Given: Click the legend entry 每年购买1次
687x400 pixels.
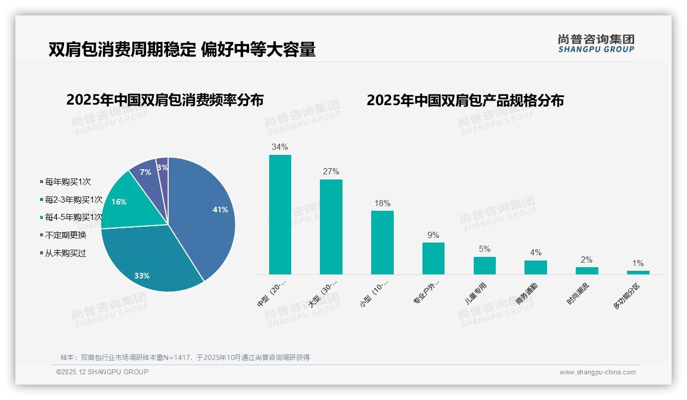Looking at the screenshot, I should (x=67, y=182).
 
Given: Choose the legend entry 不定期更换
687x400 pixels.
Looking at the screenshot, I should (x=65, y=235).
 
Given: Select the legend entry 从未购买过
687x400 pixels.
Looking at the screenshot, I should (x=65, y=253).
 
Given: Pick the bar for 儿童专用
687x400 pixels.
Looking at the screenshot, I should (x=484, y=265).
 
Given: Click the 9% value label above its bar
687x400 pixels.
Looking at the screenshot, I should (x=433, y=235).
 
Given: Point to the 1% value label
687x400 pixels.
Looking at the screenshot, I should (x=638, y=263).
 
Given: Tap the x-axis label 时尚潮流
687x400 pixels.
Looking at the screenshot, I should (x=578, y=294).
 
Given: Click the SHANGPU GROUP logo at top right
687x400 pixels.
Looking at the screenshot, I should (x=596, y=44).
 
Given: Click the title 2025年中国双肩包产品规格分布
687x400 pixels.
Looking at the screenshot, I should (x=465, y=101).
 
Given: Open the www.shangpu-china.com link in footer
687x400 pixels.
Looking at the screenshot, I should (x=597, y=372).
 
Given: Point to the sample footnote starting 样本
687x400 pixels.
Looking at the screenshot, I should (x=185, y=357).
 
